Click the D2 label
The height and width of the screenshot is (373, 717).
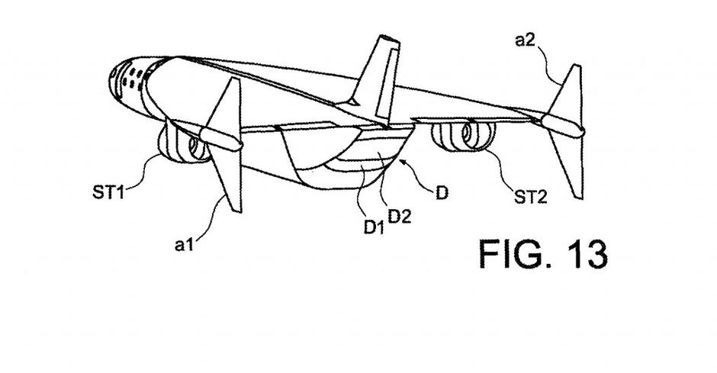401,216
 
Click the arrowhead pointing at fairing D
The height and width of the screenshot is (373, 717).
405,162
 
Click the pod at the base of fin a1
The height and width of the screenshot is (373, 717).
221,139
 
